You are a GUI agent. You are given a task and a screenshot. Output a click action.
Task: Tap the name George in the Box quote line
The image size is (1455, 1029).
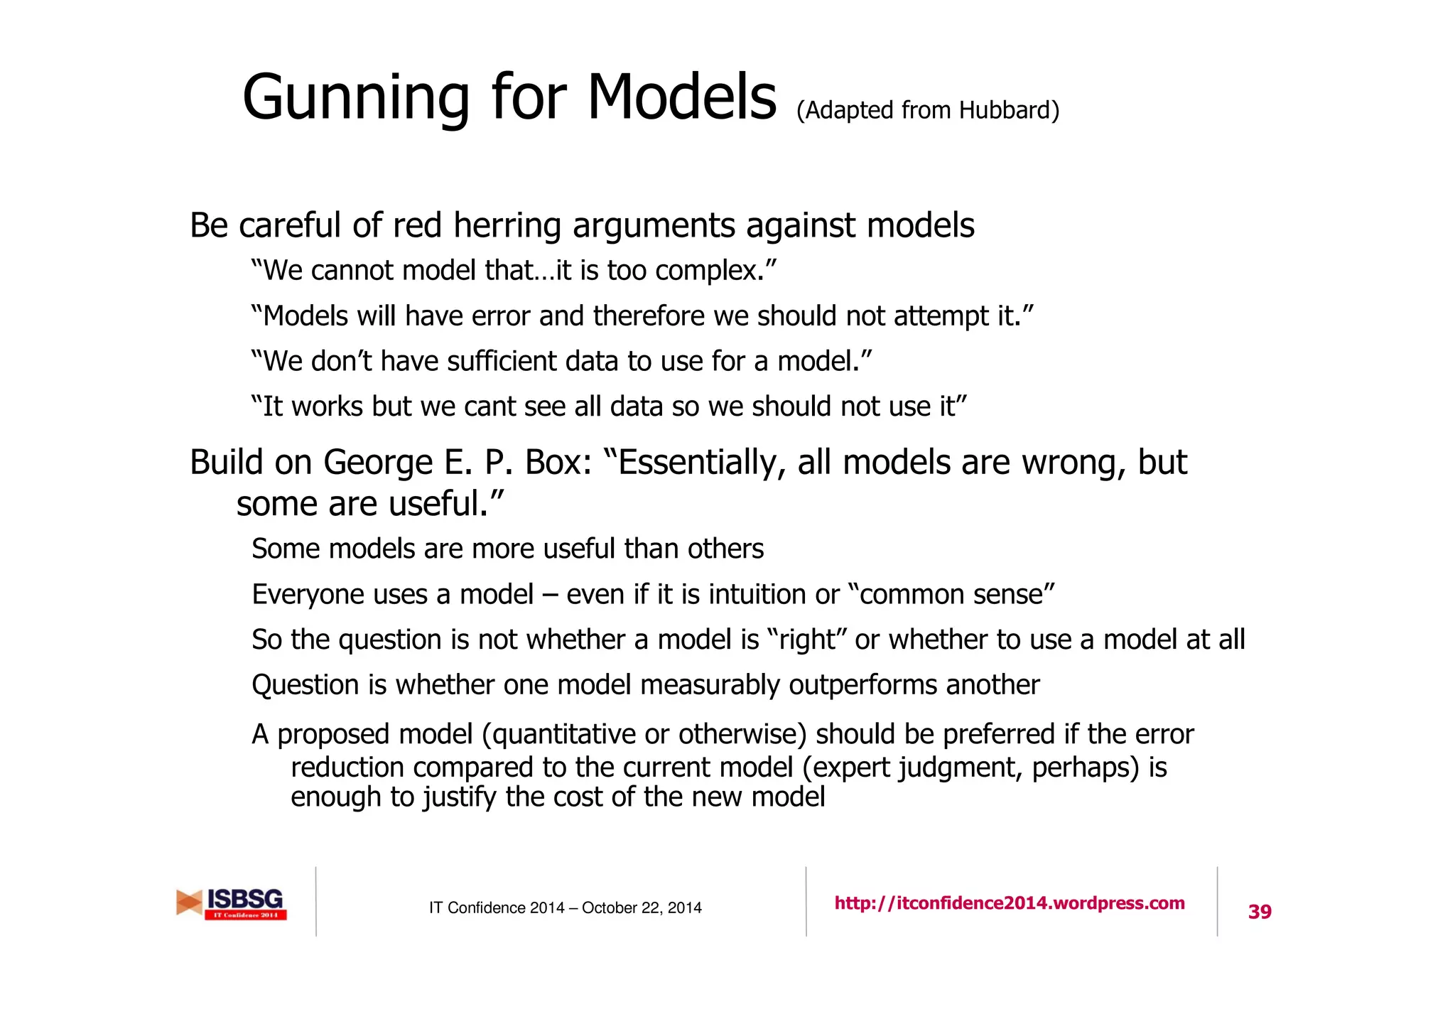coord(378,462)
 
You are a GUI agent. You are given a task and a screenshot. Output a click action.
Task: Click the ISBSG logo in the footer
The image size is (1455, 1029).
coord(232,903)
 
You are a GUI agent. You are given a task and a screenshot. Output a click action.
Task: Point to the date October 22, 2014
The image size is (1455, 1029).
coord(642,907)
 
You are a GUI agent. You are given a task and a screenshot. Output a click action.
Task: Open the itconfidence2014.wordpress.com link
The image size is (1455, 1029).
coord(1010,903)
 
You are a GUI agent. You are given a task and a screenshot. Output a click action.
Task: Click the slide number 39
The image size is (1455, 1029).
coord(1260,911)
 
